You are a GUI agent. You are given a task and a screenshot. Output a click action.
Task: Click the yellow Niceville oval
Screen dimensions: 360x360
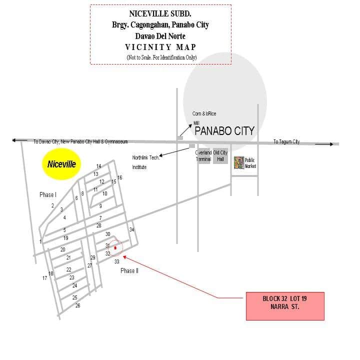[61, 164]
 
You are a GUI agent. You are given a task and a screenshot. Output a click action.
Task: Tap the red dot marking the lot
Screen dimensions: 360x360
[115, 247]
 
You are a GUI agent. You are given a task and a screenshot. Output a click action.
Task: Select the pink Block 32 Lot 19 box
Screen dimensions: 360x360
[285, 306]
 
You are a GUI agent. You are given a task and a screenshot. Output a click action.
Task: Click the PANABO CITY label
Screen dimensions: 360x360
[224, 131]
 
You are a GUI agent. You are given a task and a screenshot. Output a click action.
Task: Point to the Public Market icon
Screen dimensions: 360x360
[239, 162]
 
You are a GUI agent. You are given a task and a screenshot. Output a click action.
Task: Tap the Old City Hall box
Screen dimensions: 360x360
[220, 156]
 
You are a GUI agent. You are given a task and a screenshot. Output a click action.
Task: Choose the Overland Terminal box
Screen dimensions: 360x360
[203, 156]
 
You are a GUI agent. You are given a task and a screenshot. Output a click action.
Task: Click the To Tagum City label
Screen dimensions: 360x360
[286, 141]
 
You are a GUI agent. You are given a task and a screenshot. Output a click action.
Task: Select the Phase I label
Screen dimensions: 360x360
[48, 194]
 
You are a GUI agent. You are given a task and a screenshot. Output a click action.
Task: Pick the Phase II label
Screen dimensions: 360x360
[129, 270]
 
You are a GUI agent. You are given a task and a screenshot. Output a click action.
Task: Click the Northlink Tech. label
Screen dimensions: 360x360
[145, 157]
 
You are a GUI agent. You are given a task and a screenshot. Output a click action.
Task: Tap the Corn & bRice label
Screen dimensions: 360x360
[204, 113]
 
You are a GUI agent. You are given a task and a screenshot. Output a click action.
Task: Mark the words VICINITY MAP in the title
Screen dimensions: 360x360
[160, 47]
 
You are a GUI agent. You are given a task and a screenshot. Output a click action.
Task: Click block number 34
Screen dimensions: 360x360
[131, 229]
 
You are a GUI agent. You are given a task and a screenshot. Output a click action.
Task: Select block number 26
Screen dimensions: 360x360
[78, 305]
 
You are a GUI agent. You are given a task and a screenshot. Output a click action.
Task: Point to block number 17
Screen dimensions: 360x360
[45, 278]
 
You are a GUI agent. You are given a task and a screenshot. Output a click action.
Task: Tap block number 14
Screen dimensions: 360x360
[98, 166]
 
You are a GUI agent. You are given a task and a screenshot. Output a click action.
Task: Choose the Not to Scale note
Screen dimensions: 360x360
[161, 57]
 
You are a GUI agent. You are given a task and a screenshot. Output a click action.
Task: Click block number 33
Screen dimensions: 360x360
[117, 261]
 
